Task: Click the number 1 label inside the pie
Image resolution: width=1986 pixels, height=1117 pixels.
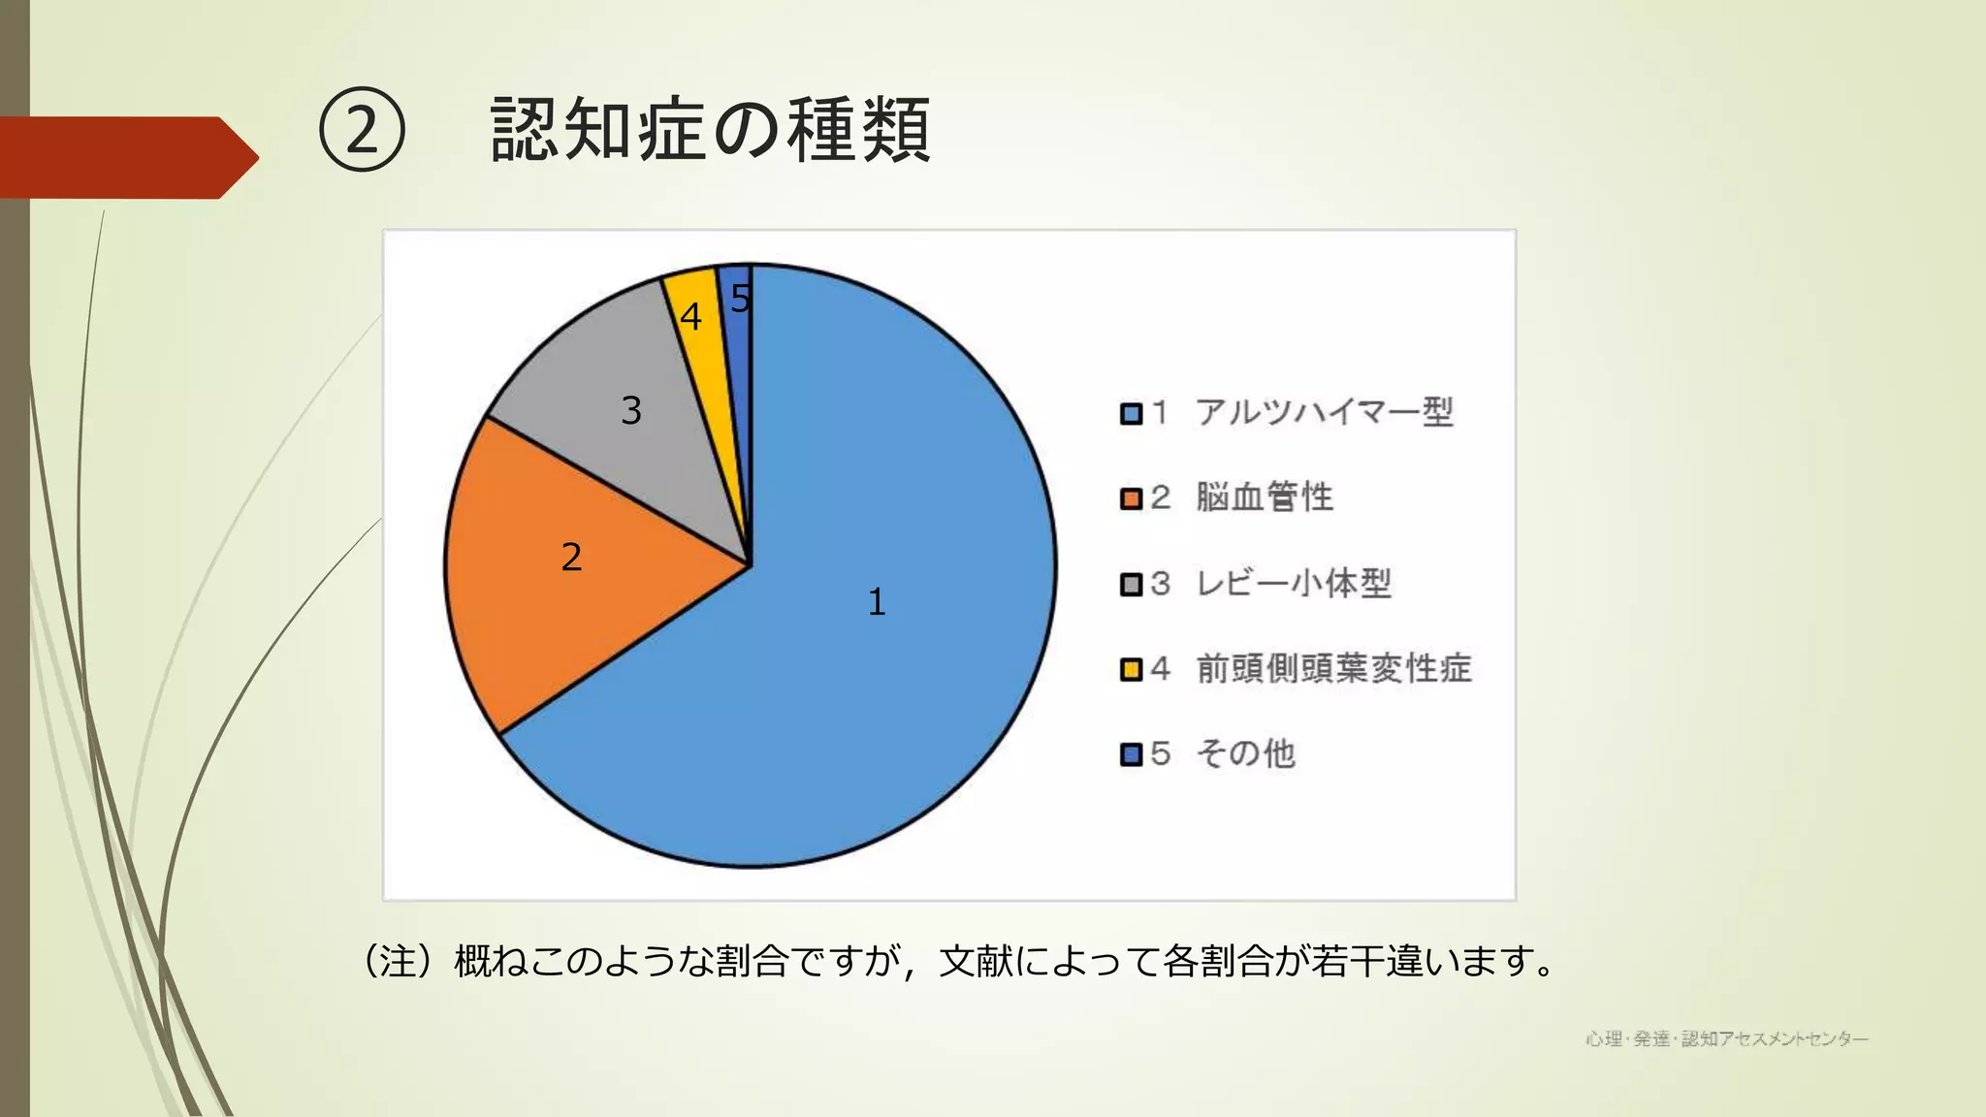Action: point(877,602)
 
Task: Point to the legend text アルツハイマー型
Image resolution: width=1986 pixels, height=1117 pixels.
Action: point(1324,412)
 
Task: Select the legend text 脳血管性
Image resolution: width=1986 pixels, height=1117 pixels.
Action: point(1264,497)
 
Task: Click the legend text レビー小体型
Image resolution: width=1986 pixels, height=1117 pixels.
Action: point(1293,583)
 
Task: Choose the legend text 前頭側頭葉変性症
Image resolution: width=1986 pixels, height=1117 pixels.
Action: point(1333,668)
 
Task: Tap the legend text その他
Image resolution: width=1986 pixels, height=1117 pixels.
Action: point(1245,753)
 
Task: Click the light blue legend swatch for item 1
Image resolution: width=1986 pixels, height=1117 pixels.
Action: point(1131,414)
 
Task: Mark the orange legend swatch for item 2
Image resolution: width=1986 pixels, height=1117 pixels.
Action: point(1131,498)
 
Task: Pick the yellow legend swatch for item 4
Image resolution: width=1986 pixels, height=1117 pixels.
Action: point(1131,669)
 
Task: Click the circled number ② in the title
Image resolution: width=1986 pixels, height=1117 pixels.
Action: point(362,130)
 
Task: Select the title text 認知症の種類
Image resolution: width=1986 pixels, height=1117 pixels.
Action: point(710,130)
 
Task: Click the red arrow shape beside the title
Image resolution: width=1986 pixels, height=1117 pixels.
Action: point(126,157)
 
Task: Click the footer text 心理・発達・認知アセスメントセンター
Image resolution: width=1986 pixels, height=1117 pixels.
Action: point(1727,1039)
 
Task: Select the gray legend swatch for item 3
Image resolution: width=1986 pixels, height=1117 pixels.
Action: point(1131,584)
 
